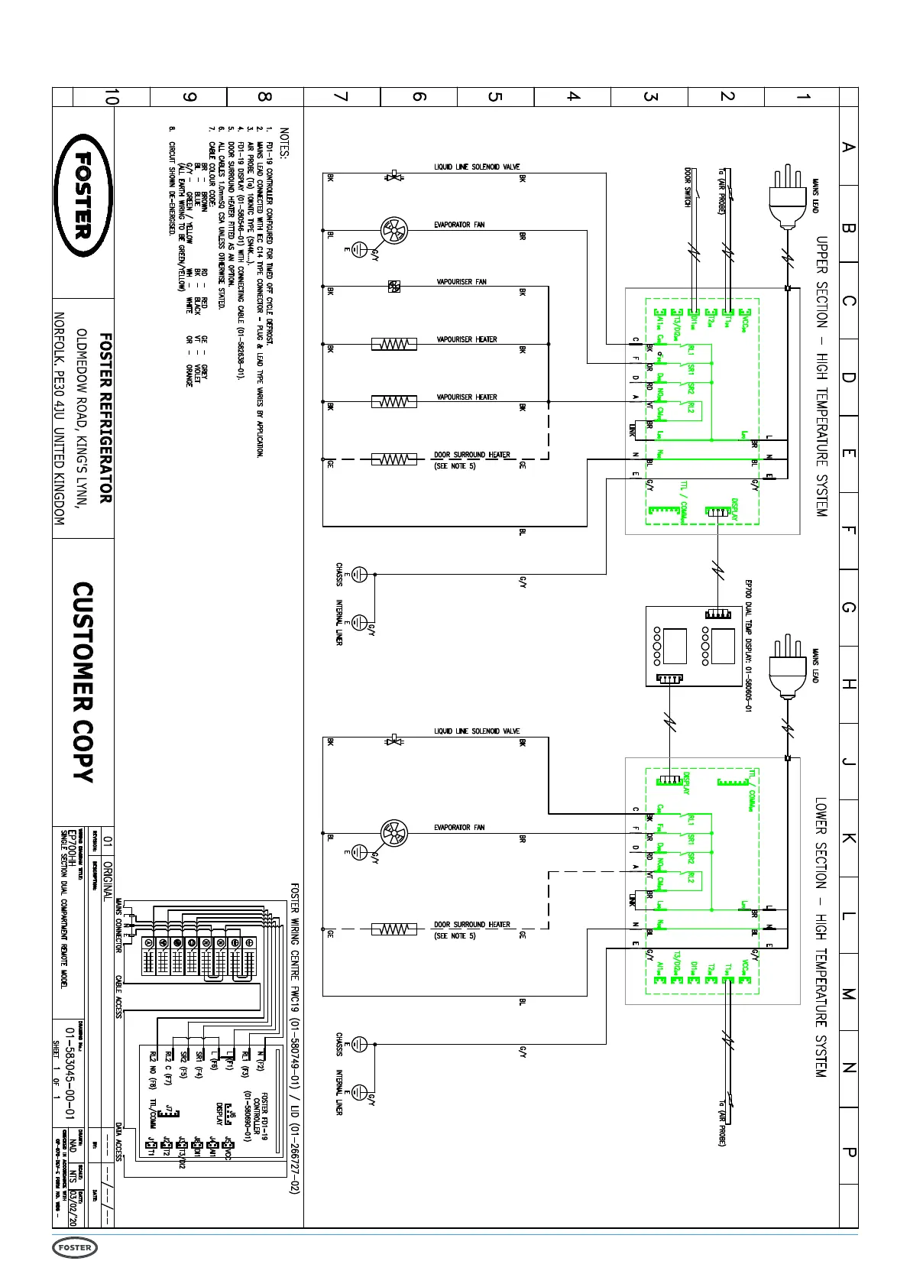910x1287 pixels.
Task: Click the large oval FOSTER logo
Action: pyautogui.click(x=83, y=196)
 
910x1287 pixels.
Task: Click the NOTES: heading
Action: pyautogui.click(x=284, y=143)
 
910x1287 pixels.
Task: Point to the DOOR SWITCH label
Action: pyautogui.click(x=688, y=187)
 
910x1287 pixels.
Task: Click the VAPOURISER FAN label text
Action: pyautogui.click(x=461, y=282)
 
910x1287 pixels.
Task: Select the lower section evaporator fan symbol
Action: pyautogui.click(x=394, y=833)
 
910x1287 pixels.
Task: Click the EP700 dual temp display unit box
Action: pyautogui.click(x=693, y=647)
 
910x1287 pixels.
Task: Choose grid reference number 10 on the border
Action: pyautogui.click(x=112, y=97)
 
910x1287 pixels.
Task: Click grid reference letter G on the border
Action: pyautogui.click(x=848, y=608)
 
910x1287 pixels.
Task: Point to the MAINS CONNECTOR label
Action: pyautogui.click(x=119, y=926)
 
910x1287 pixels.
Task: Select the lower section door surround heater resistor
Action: pyautogui.click(x=394, y=929)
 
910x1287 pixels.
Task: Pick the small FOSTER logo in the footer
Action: pyautogui.click(x=75, y=1248)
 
